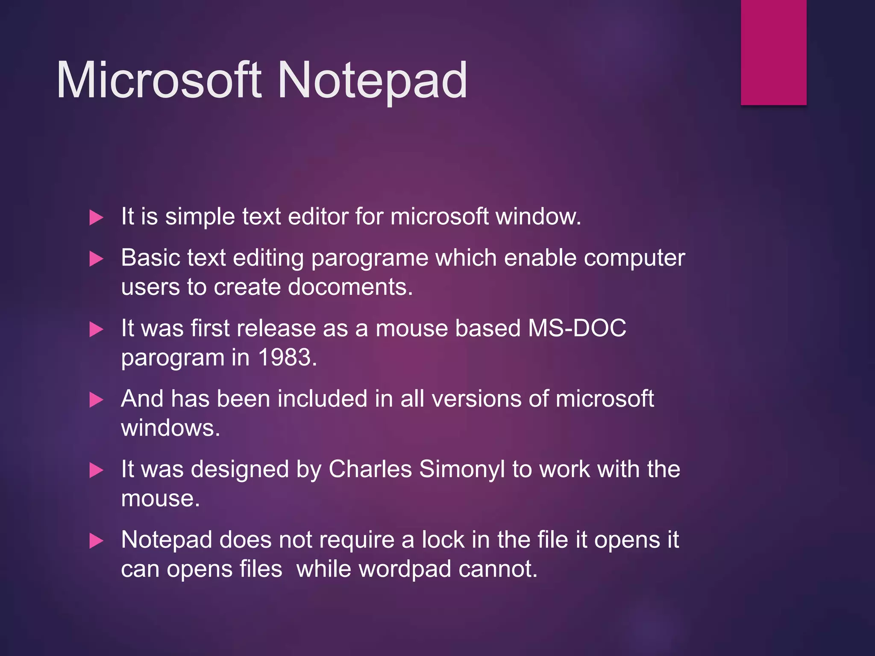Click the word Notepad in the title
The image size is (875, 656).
click(x=372, y=81)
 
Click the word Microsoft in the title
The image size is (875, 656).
click(x=159, y=81)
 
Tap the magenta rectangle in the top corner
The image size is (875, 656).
click(x=773, y=52)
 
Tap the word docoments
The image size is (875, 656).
click(x=350, y=287)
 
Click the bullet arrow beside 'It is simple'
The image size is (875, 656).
click(x=96, y=218)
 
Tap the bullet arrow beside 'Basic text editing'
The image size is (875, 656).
click(x=96, y=259)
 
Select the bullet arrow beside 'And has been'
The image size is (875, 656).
click(x=96, y=400)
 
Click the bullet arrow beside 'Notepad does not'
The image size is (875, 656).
click(x=96, y=541)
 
